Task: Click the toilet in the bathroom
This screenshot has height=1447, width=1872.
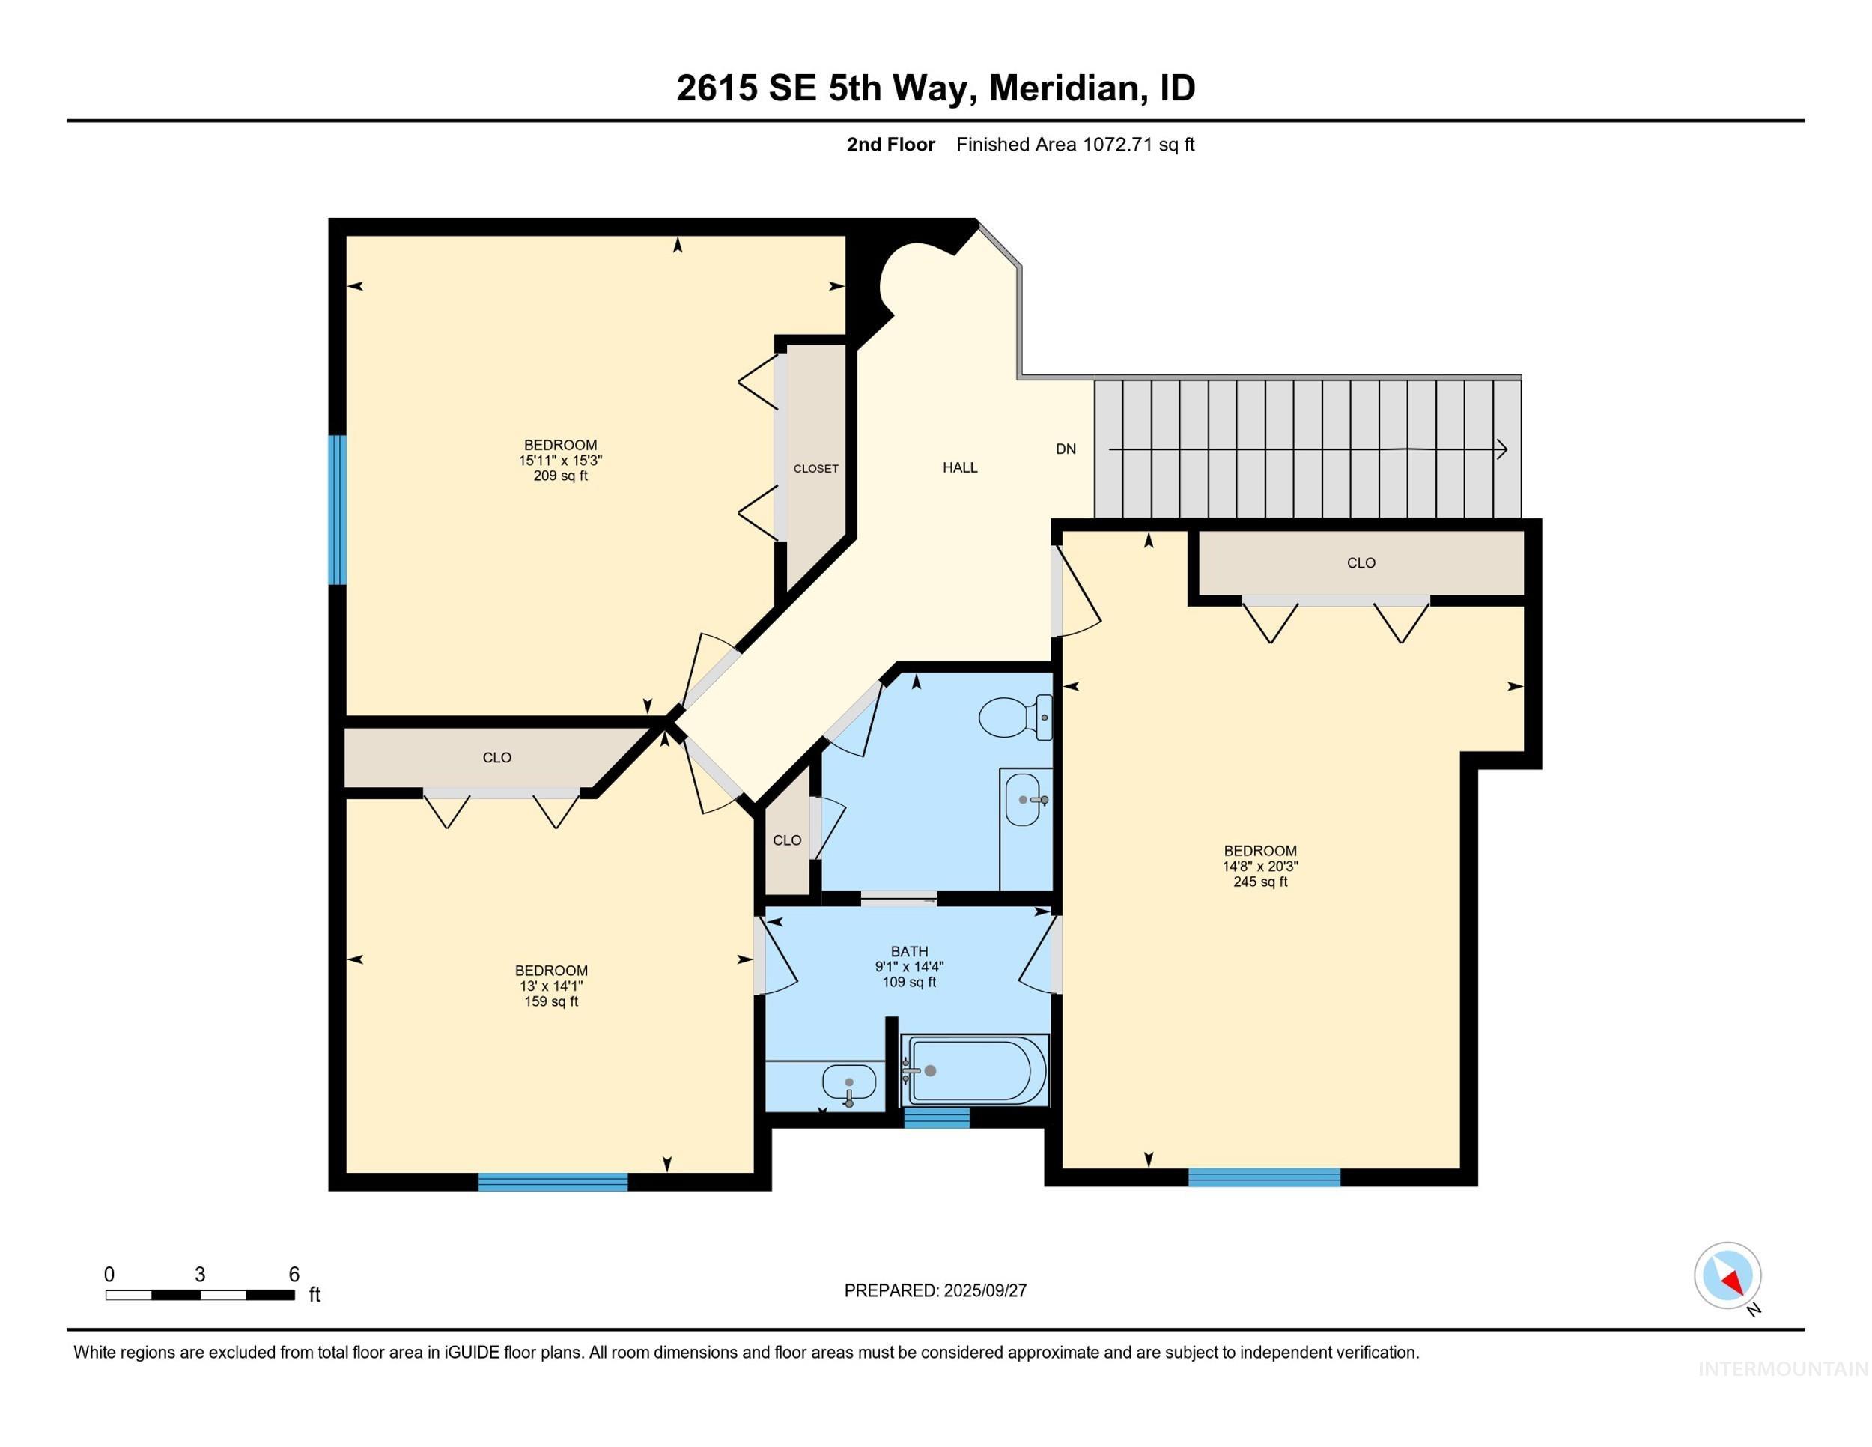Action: [x=1014, y=717]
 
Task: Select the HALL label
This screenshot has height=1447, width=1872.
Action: [x=960, y=467]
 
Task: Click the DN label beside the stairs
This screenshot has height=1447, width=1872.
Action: [x=1066, y=449]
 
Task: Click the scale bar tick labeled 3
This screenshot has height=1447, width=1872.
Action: [x=200, y=1275]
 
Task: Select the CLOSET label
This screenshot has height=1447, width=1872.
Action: [x=815, y=469]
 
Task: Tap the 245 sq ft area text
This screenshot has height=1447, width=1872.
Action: [x=1260, y=882]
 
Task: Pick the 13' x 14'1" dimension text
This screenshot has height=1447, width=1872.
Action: [x=551, y=986]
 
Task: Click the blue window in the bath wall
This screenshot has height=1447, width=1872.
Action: [x=937, y=1117]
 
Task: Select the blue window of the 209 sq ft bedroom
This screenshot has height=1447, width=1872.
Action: [x=338, y=510]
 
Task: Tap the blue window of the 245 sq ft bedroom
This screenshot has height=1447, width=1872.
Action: [x=1263, y=1177]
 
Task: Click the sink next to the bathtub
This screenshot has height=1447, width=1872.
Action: [x=848, y=1083]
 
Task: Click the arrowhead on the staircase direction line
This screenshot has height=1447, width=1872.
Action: [x=1501, y=449]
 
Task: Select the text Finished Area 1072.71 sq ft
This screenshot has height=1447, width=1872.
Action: [x=1075, y=145]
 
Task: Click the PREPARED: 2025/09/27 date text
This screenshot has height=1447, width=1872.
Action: [x=935, y=1291]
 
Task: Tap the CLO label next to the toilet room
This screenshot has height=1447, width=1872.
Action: [x=787, y=840]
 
